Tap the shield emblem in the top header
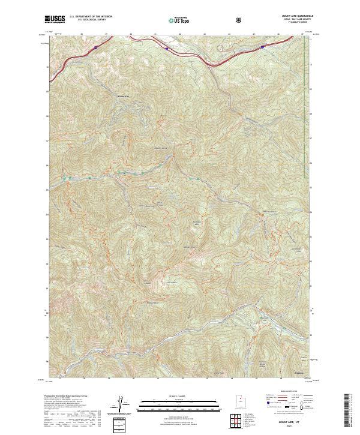point(240,20)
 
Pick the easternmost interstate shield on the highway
point(263,44)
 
